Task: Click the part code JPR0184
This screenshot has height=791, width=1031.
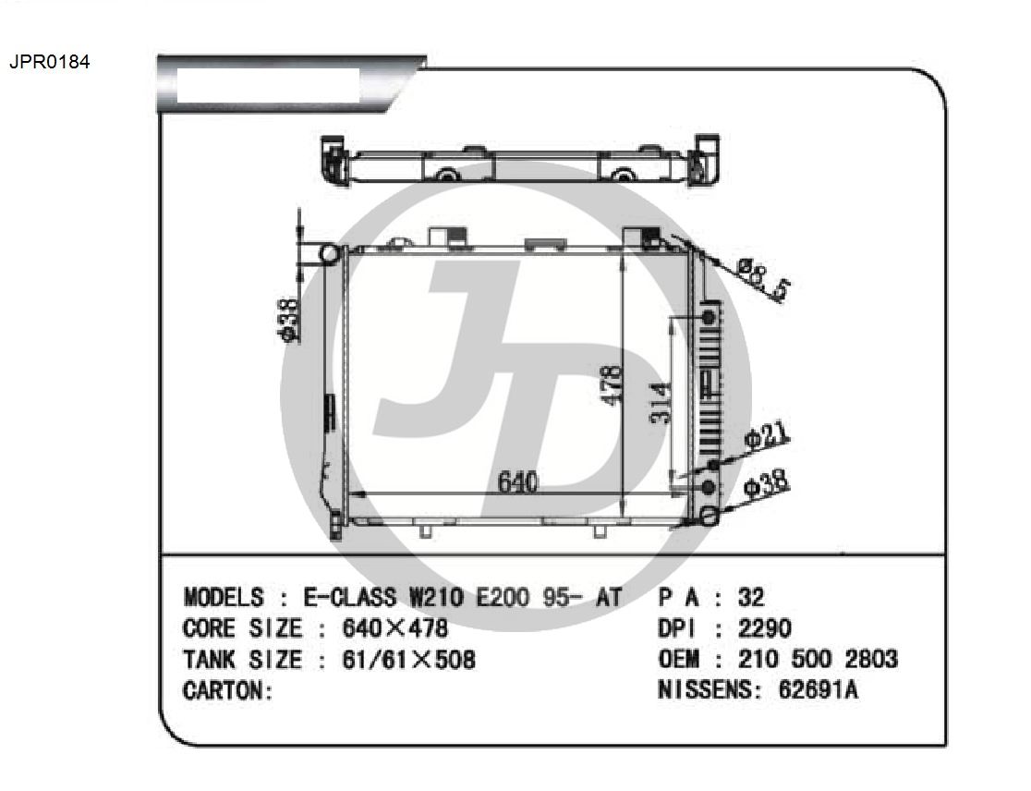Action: tap(49, 62)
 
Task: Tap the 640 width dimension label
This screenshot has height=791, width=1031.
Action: tap(518, 482)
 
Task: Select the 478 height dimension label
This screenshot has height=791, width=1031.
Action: tap(612, 385)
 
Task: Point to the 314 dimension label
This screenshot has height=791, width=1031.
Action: tap(661, 402)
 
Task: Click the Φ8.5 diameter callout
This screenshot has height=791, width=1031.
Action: tap(763, 279)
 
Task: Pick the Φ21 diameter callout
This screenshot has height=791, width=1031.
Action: tap(766, 436)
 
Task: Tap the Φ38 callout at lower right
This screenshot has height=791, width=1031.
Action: tap(766, 484)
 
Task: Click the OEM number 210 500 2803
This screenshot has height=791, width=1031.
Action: tap(818, 658)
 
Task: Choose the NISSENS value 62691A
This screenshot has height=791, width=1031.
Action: tap(818, 689)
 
